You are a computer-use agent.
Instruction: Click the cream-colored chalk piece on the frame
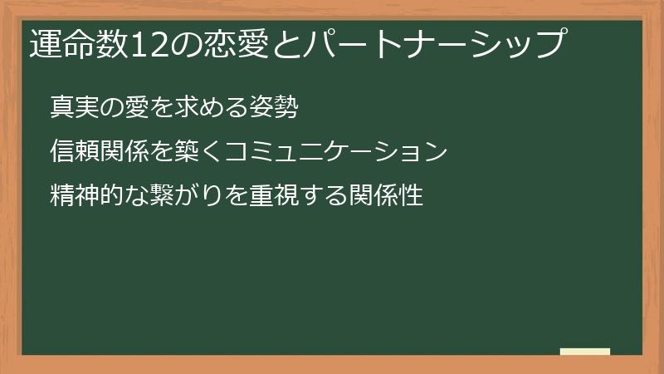tap(585, 352)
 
